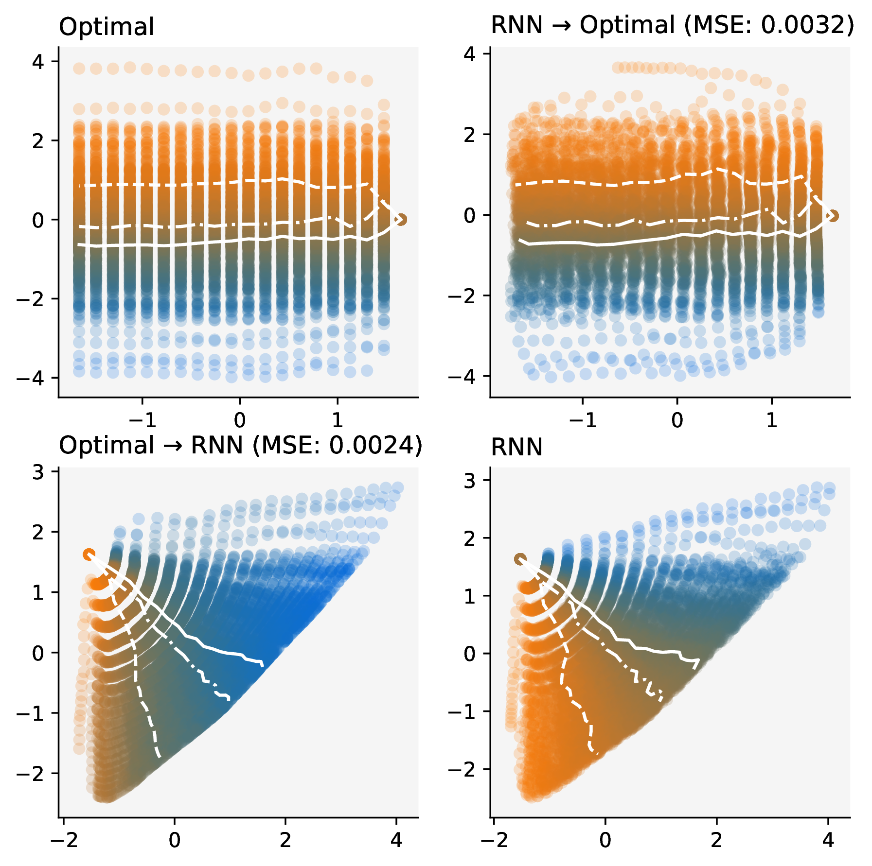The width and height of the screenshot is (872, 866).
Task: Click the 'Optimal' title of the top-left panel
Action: (x=106, y=27)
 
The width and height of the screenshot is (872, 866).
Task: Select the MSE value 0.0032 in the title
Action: (x=798, y=25)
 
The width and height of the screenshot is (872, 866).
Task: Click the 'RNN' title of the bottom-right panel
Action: (x=516, y=447)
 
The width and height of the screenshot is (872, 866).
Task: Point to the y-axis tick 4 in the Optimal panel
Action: (x=38, y=62)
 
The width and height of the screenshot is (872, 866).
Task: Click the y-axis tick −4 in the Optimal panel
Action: (x=30, y=378)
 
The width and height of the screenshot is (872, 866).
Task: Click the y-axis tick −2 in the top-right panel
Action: (x=462, y=296)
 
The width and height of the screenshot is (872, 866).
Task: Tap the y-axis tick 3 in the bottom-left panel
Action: (x=38, y=472)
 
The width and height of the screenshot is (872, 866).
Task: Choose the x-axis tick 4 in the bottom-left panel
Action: (x=396, y=840)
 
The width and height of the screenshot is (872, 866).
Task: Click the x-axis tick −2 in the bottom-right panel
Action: (x=494, y=840)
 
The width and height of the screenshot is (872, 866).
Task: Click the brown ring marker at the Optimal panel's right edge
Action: (x=400, y=220)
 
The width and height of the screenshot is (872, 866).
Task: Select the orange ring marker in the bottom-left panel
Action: (x=89, y=554)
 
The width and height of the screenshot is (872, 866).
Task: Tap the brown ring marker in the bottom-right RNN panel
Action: (x=520, y=559)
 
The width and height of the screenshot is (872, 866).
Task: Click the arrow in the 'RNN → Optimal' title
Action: (x=561, y=25)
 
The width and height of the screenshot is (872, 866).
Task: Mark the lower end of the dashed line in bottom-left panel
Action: (x=159, y=757)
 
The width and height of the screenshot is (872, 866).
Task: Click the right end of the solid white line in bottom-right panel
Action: (x=698, y=660)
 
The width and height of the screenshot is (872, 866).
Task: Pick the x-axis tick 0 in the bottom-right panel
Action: (x=605, y=840)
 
